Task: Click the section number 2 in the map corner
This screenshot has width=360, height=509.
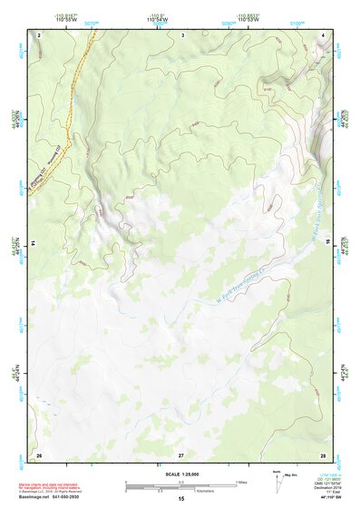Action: (40, 34)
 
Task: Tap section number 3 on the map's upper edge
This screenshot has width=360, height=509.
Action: (182, 34)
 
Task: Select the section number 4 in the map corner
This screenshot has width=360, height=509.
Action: (324, 34)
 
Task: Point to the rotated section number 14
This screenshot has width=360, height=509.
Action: (34, 243)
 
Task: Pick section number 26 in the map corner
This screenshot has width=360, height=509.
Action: (39, 453)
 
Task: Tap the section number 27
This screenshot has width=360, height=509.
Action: (181, 453)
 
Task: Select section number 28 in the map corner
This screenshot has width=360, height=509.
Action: (323, 453)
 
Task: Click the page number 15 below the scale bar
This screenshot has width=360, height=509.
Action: (181, 498)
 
